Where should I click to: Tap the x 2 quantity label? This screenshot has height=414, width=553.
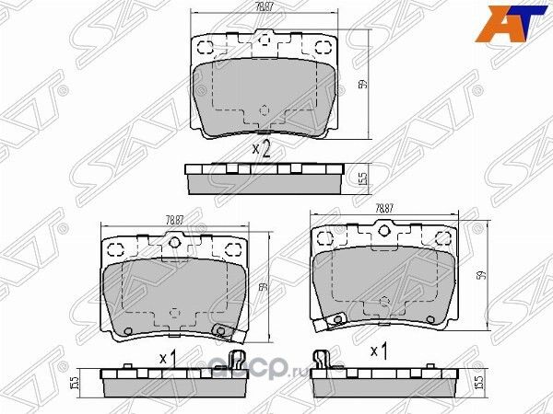point(261,149)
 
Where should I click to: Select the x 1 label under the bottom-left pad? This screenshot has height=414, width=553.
point(168,356)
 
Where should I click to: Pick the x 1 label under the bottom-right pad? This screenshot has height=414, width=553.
point(378,351)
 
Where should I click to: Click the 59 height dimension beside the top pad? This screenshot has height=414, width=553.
point(363,85)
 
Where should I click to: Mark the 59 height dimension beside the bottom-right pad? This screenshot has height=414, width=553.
point(480,276)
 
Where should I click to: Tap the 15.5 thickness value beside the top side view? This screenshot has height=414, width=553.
point(363,178)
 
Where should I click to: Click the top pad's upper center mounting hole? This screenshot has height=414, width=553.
point(265,40)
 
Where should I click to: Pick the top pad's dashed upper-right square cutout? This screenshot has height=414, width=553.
point(322,49)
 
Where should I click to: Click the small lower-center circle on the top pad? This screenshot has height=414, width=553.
point(265,110)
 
